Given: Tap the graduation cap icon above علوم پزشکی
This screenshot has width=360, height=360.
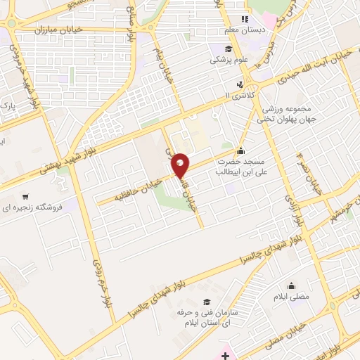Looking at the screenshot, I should (x=228, y=49).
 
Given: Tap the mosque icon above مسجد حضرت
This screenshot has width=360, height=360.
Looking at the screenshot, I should (x=241, y=150).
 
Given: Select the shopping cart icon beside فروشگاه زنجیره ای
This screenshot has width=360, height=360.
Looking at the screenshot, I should (x=26, y=197).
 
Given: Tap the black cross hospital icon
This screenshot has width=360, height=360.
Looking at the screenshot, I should (x=224, y=356).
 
